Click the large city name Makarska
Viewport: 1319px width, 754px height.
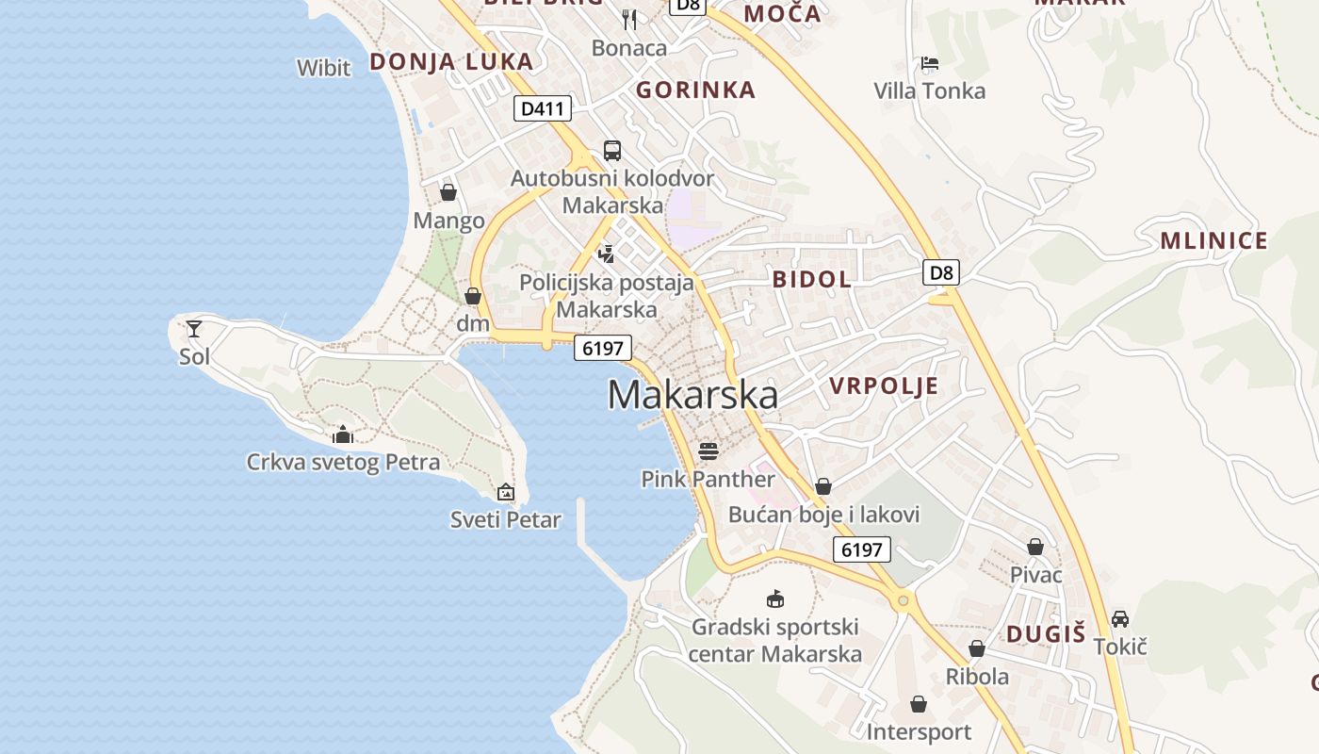pos(692,395)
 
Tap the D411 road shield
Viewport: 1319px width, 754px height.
pos(544,108)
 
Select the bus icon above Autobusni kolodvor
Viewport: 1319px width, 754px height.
pos(612,150)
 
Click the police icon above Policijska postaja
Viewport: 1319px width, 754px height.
pos(606,254)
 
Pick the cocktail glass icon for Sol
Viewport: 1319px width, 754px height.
pos(194,329)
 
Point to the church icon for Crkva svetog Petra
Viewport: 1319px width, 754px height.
pos(343,434)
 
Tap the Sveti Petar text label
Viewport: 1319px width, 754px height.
pos(506,519)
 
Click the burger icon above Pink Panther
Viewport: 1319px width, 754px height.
pos(708,451)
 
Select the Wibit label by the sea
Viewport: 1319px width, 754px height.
pos(323,68)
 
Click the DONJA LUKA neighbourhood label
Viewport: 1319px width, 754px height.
pos(451,62)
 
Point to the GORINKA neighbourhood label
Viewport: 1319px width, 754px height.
pos(695,90)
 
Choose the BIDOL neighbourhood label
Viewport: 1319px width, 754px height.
pos(811,279)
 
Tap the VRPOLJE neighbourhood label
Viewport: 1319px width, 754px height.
pos(884,385)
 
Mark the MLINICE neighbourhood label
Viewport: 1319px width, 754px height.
pos(1213,241)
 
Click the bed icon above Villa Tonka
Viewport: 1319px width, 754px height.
pos(930,64)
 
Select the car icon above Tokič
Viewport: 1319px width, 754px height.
pos(1120,619)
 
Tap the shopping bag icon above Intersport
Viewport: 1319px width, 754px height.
pos(919,704)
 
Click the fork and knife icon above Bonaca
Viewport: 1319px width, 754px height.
pos(629,20)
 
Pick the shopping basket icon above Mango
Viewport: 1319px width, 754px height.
pos(448,192)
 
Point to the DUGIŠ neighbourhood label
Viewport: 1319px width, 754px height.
pos(1046,634)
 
